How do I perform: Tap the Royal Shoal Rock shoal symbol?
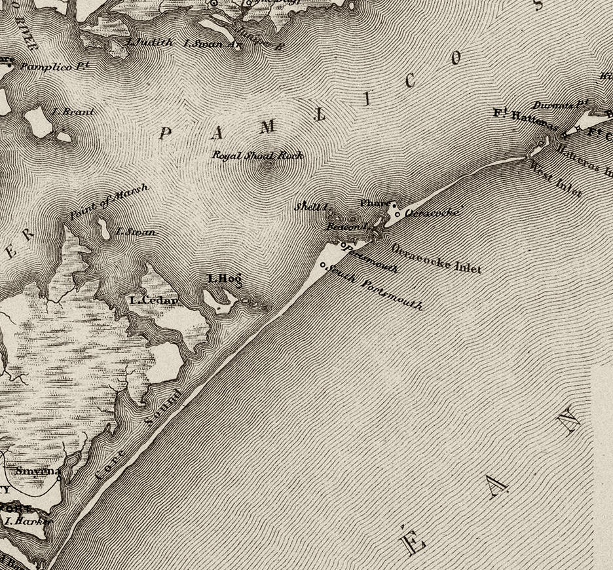(268, 165)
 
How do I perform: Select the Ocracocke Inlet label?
(436, 258)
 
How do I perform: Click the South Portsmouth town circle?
(324, 265)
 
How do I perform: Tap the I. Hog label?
(225, 278)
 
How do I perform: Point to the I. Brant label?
(72, 112)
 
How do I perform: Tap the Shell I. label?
(310, 206)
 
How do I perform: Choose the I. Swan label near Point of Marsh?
(136, 232)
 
